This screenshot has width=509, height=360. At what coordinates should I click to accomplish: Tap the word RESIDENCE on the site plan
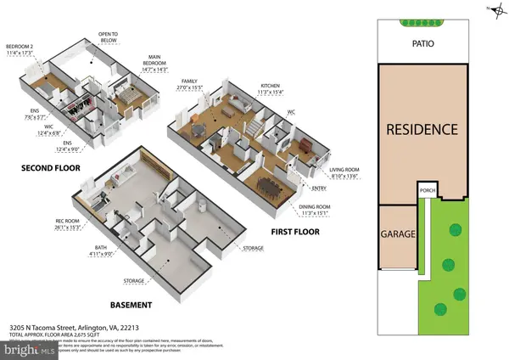tap(422, 130)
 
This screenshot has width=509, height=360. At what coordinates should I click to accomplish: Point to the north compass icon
tap(491, 9)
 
